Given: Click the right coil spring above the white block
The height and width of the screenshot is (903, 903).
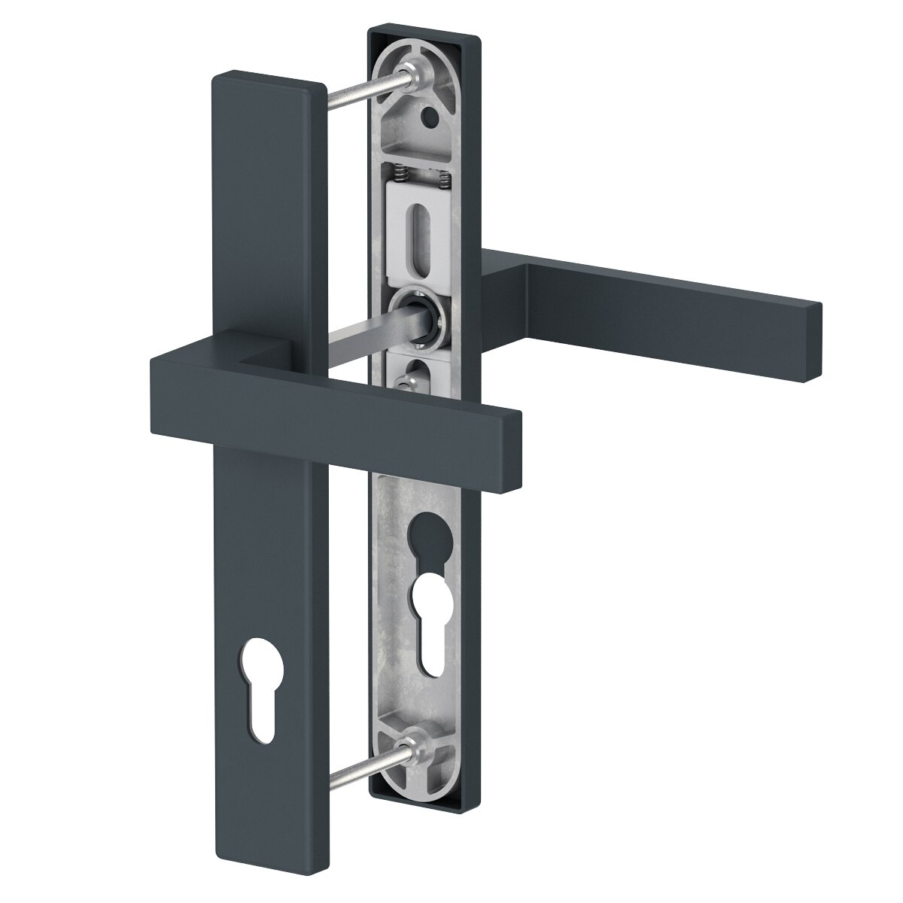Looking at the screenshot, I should [x=444, y=179].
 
